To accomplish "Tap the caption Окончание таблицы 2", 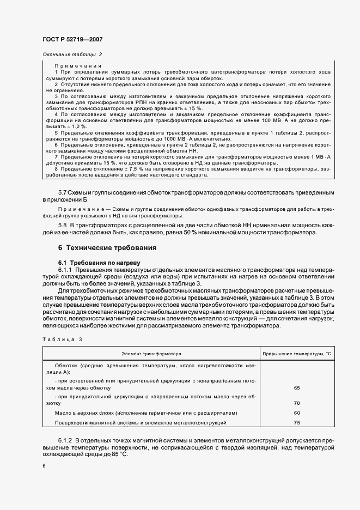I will (x=71, y=54).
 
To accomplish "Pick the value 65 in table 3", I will (x=297, y=388).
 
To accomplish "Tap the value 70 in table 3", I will (x=297, y=403).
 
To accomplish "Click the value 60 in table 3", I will (x=297, y=412).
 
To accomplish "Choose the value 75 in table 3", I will (x=297, y=422).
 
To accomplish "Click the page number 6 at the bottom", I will (x=44, y=466).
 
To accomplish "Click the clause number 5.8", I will (x=64, y=224).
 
